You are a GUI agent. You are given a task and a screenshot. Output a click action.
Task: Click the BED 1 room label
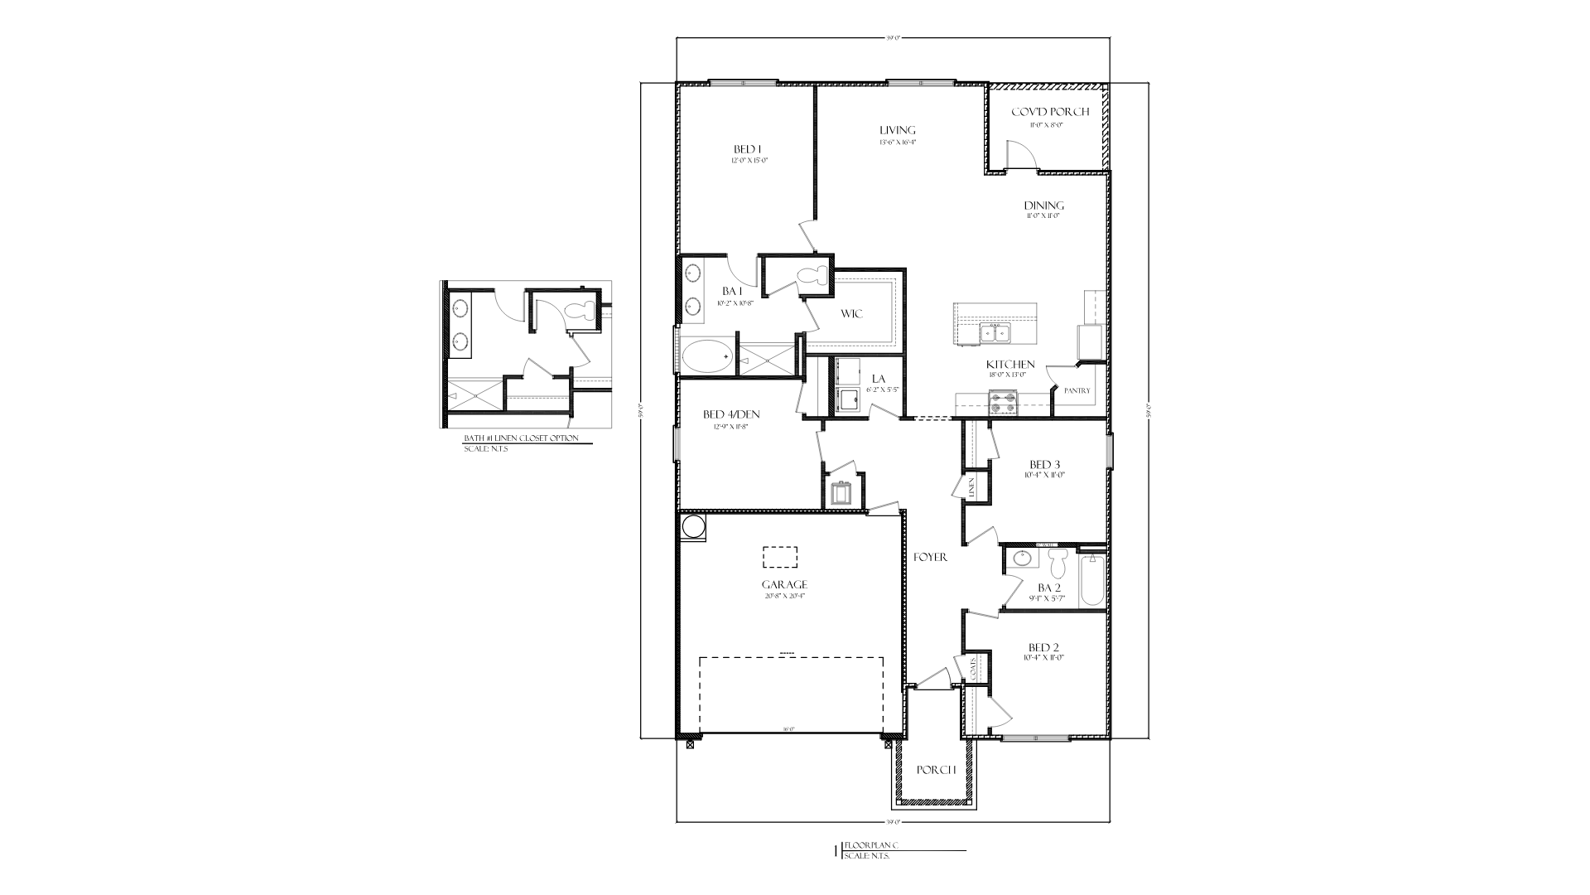pos(747,149)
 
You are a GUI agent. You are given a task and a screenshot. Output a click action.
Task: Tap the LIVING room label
pos(898,130)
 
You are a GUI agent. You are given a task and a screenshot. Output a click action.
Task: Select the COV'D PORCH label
pos(1050,112)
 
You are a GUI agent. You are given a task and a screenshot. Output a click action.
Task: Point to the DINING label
pos(1043,206)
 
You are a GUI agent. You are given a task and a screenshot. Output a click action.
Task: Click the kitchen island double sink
pos(994,333)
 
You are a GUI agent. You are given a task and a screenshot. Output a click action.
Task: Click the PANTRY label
pos(1077,391)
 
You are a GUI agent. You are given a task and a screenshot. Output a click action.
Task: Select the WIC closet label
pos(852,313)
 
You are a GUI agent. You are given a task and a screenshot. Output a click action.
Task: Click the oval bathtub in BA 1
pos(707,357)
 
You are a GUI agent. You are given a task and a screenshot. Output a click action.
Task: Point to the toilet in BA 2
pos(1058,564)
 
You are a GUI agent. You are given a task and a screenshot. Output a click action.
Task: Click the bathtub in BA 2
pos(1091,580)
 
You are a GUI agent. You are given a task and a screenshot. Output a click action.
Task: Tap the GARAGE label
pos(784,584)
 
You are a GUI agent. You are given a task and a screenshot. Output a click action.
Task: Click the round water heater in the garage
pos(692,527)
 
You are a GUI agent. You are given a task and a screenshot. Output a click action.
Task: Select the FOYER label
pos(931,558)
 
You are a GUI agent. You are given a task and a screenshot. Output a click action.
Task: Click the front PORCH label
pos(937,770)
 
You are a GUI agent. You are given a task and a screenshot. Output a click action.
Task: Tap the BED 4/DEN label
pos(731,414)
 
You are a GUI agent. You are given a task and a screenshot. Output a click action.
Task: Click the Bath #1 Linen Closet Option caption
pos(521,438)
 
